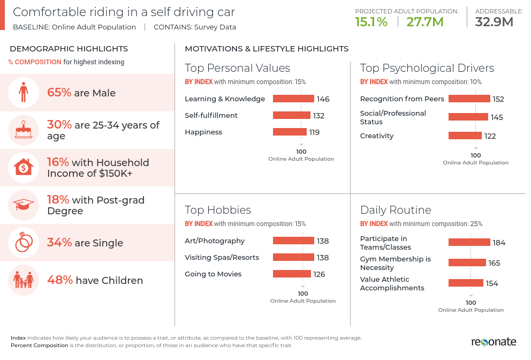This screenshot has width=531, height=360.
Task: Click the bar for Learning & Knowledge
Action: (293, 99)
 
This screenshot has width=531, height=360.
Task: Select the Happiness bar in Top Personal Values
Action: (290, 132)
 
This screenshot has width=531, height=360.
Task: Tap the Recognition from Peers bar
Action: (469, 99)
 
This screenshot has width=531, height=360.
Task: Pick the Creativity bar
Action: (465, 136)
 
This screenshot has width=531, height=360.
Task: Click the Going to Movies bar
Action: (292, 274)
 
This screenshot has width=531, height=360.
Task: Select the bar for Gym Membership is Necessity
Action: (467, 262)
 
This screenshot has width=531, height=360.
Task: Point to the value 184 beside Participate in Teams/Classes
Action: (499, 243)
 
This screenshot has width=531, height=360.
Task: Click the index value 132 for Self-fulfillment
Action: (318, 116)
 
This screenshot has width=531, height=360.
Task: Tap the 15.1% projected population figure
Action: (371, 21)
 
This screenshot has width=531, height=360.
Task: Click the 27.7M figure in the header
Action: (425, 21)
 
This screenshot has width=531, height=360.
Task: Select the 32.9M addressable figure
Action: (494, 21)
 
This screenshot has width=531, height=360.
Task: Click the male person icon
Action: (23, 92)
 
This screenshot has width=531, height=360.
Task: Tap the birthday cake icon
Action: (23, 130)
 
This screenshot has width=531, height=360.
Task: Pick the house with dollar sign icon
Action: (23, 168)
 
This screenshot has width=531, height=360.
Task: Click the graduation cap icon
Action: (23, 205)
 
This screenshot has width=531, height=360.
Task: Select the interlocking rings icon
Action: (23, 243)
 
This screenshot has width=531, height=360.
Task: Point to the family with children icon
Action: (23, 280)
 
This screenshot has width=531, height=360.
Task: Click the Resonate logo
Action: (494, 342)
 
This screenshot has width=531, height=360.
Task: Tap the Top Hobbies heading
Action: (218, 210)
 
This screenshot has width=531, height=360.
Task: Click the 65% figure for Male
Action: (59, 93)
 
